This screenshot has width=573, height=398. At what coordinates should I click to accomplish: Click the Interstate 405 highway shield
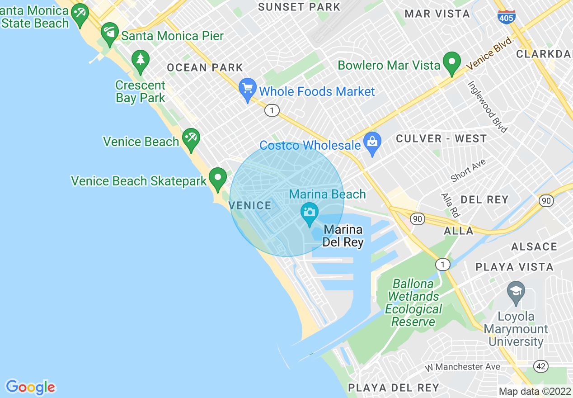505,17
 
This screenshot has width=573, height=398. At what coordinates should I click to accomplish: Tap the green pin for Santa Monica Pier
109,34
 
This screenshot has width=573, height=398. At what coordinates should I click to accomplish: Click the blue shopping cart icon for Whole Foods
247,89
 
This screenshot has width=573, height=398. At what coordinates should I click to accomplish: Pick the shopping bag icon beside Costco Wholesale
372,143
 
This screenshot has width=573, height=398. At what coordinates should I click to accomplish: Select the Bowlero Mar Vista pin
451,63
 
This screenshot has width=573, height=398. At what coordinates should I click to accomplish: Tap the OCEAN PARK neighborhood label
205,68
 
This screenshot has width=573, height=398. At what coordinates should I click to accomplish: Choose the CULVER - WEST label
441,139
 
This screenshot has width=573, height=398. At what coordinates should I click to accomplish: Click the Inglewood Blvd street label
488,107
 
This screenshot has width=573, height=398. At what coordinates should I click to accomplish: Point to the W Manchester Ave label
463,366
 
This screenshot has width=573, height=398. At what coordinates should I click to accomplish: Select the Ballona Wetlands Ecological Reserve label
413,303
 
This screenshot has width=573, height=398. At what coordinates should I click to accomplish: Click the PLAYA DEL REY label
393,388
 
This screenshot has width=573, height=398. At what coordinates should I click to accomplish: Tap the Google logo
30,387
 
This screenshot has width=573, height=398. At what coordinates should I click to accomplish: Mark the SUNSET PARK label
299,7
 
